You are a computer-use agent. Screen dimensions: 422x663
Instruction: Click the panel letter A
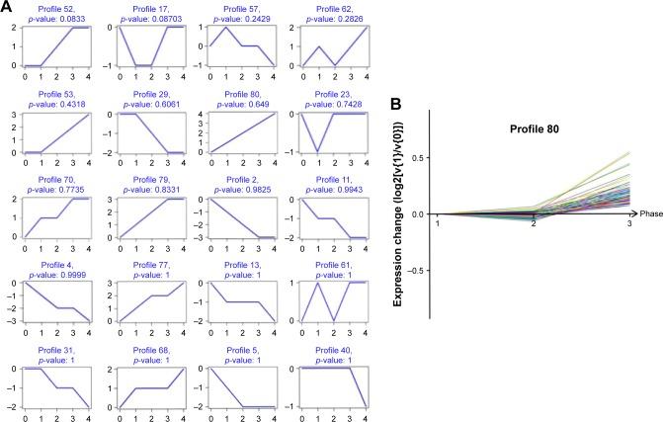coord(8,8)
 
